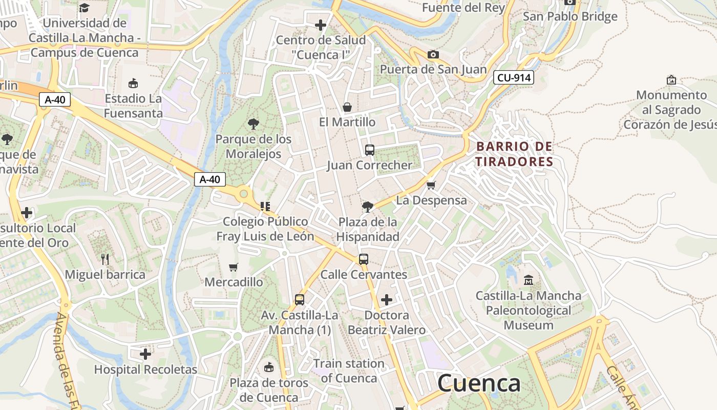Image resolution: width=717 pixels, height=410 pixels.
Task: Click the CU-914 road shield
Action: point(514,78)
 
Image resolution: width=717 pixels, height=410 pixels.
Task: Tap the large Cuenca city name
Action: point(479,383)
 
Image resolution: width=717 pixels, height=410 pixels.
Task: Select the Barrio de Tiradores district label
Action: point(515,154)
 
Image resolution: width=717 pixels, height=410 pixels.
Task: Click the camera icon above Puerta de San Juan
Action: point(433,54)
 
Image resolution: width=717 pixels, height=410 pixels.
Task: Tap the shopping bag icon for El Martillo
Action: point(347,107)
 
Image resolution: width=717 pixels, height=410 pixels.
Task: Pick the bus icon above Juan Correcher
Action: point(369,150)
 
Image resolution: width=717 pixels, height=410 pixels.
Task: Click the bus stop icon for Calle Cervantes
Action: point(363,259)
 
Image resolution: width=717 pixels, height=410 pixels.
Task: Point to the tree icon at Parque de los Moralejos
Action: point(253,124)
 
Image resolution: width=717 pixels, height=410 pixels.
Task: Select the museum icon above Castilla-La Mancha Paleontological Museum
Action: point(529,280)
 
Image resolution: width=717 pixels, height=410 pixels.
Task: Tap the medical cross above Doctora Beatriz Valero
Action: point(387,300)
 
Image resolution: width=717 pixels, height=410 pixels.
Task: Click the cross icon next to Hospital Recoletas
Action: point(145,354)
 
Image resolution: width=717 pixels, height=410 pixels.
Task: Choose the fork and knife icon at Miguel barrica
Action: point(105,259)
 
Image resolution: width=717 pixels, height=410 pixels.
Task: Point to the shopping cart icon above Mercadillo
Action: point(234,266)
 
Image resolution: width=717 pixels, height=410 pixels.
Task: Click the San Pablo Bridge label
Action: point(570,16)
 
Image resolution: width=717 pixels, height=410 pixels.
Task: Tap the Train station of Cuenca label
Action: point(349,371)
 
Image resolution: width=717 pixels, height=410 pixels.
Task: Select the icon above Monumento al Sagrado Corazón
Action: point(671,80)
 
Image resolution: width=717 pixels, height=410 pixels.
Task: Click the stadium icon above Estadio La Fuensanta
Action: point(133,83)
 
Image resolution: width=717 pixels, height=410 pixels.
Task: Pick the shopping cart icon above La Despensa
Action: point(431,185)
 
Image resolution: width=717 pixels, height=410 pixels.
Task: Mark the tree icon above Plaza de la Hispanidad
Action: point(367,207)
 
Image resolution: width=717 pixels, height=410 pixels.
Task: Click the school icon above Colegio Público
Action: point(265,207)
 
